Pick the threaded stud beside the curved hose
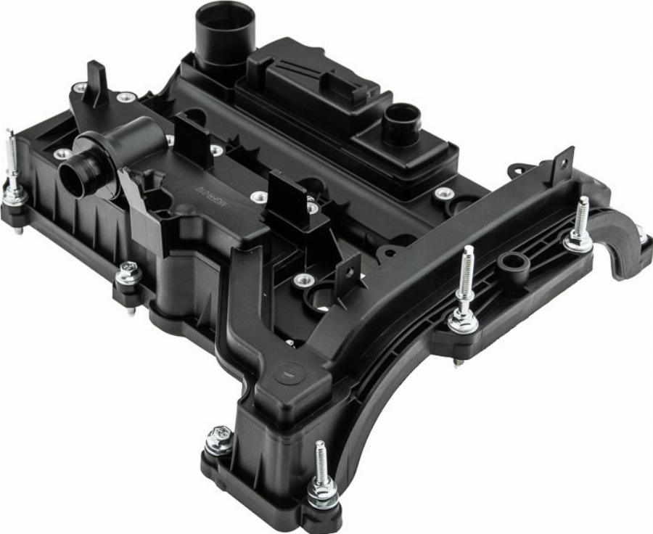coord(581,218)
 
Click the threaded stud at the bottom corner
coord(321,464)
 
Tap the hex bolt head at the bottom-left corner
coord(219,438)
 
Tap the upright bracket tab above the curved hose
coord(562,165)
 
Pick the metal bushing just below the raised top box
coord(443,193)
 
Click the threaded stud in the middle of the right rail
coord(466,276)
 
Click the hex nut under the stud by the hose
coord(578,242)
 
